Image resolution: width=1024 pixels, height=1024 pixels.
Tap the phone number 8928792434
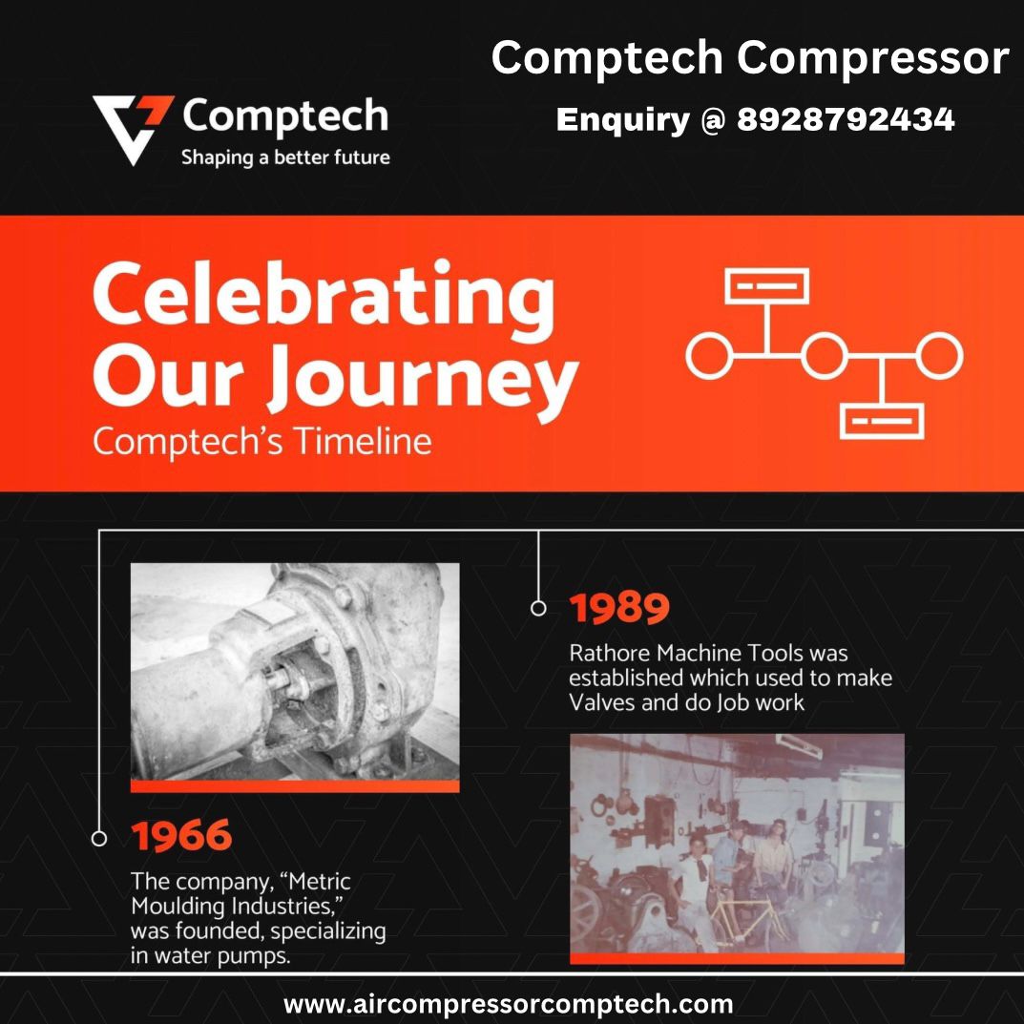point(846,119)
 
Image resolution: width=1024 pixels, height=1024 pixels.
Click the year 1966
point(181,835)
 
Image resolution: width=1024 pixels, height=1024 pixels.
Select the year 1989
point(619,608)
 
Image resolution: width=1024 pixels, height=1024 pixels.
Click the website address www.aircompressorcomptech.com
point(508,1003)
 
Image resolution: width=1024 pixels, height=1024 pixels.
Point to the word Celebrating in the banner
point(324,298)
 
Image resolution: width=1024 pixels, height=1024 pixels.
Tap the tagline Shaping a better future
point(285,157)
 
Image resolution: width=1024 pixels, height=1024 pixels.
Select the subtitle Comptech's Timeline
point(261,442)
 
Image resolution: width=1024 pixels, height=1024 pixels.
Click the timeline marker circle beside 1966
point(99,839)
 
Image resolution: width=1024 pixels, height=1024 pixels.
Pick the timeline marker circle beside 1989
point(538,608)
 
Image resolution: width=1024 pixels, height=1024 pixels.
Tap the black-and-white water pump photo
point(295,672)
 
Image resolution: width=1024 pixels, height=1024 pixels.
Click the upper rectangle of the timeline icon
point(766,286)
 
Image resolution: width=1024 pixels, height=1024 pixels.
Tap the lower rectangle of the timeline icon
point(882,421)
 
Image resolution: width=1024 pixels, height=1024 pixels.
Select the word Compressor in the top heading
point(873,59)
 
